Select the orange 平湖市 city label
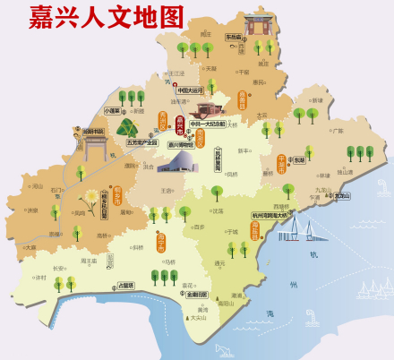(281, 162)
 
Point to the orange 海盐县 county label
(253, 235)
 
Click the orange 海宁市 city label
(160, 240)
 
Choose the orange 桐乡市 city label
(117, 196)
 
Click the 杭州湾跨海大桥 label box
(270, 216)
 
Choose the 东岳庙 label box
(233, 38)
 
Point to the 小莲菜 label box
(113, 111)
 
